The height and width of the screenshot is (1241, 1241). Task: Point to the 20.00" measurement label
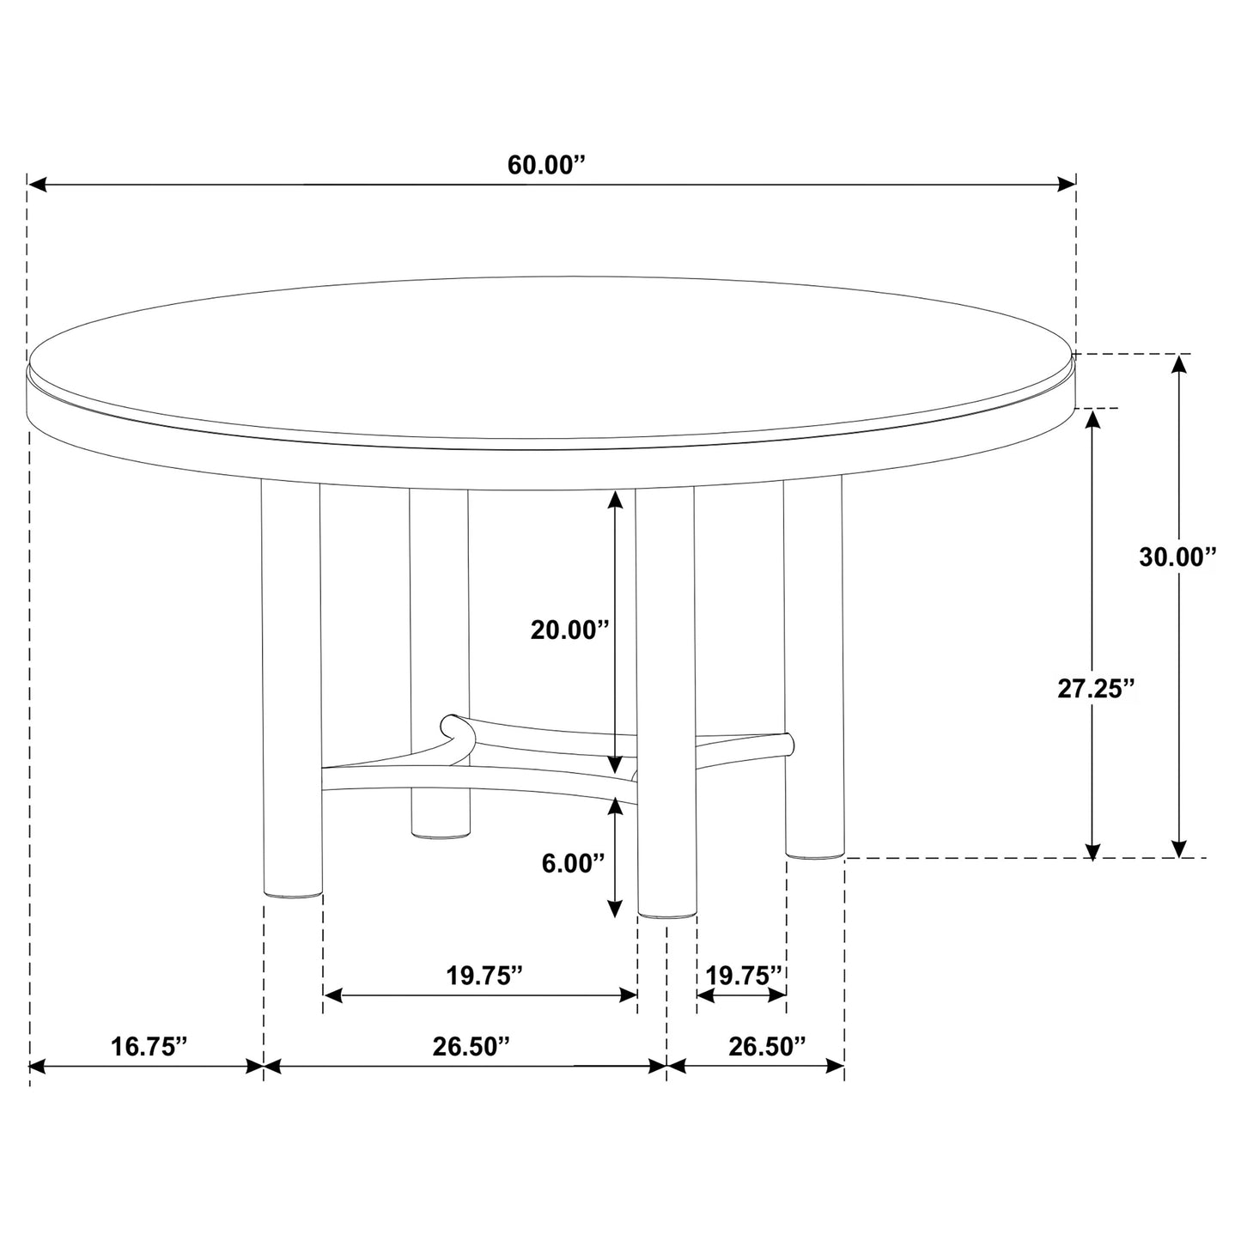[569, 630]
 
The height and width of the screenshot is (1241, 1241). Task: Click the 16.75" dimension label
[149, 1046]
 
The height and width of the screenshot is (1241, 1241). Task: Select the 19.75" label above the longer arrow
[484, 976]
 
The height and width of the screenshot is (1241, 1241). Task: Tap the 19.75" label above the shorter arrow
[744, 976]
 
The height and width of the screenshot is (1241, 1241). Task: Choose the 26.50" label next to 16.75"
[471, 1046]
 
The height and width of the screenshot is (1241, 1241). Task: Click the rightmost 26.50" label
[767, 1046]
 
